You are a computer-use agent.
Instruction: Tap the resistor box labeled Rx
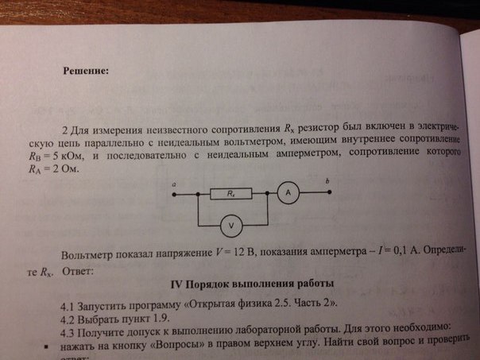pos(231,193)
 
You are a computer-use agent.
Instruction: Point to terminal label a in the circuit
pos(174,184)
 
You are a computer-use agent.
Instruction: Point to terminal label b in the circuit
pos(327,182)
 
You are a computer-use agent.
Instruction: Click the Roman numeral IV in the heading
pos(178,285)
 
